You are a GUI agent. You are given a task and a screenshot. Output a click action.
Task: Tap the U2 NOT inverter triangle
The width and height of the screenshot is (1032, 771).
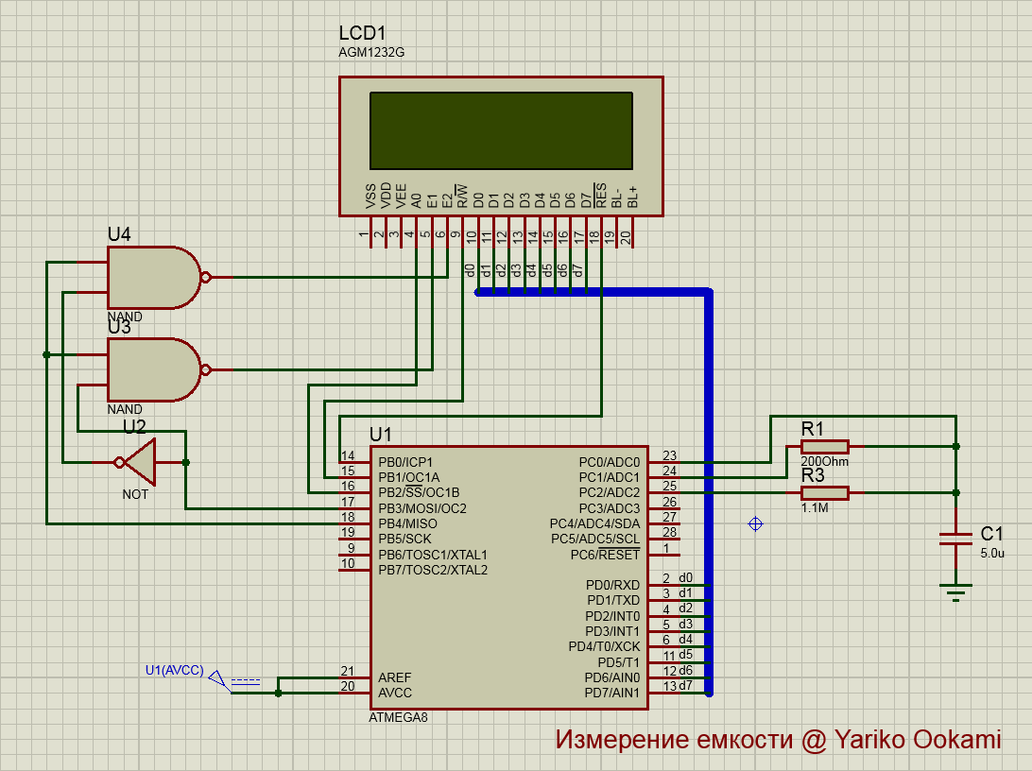140,462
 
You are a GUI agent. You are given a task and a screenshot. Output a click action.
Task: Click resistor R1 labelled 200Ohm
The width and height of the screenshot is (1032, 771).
824,447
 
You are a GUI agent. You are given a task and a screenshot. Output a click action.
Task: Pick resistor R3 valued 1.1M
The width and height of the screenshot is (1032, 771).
824,492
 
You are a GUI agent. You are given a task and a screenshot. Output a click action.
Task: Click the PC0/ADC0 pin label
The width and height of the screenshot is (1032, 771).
609,462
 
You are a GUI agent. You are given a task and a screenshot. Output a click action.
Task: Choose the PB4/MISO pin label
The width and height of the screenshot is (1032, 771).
407,523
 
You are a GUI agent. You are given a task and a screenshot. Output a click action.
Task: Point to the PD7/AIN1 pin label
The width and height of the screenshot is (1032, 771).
612,694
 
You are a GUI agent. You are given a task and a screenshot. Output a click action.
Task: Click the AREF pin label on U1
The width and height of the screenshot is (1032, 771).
395,677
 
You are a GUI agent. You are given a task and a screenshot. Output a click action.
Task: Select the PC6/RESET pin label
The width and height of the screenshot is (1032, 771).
605,555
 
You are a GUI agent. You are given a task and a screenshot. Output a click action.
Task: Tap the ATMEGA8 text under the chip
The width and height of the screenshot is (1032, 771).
398,718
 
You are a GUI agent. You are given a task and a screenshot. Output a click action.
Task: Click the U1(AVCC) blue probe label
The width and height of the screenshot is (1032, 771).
174,670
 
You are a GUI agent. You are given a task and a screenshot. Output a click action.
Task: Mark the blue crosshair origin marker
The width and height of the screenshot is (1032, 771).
755,523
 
